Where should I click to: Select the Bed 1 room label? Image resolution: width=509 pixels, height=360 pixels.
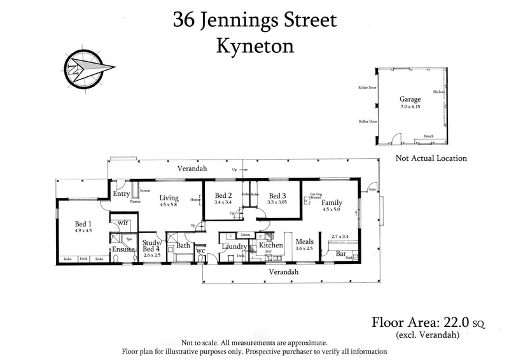pyautogui.click(x=84, y=223)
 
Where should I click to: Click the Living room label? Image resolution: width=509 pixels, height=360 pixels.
pyautogui.click(x=169, y=198)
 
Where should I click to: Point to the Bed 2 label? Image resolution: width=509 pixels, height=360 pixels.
pyautogui.click(x=223, y=195)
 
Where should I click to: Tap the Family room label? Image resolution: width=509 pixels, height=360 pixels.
pyautogui.click(x=331, y=202)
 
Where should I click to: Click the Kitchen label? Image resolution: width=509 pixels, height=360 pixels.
pyautogui.click(x=270, y=245)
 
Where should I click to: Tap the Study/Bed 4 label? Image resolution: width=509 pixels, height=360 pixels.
pyautogui.click(x=152, y=246)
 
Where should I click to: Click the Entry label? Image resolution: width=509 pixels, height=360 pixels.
pyautogui.click(x=121, y=194)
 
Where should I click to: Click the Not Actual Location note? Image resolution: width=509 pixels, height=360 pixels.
pyautogui.click(x=431, y=158)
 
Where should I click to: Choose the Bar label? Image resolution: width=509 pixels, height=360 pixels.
pyautogui.click(x=340, y=254)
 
